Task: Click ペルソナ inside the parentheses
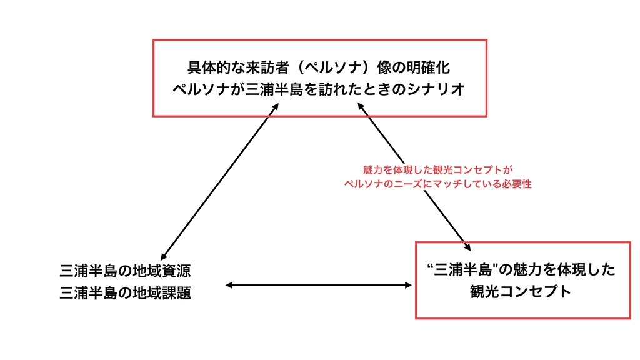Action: [336, 67]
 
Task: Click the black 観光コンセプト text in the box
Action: [521, 292]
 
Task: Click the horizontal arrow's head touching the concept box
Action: [409, 285]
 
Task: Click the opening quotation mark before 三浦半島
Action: [431, 267]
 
